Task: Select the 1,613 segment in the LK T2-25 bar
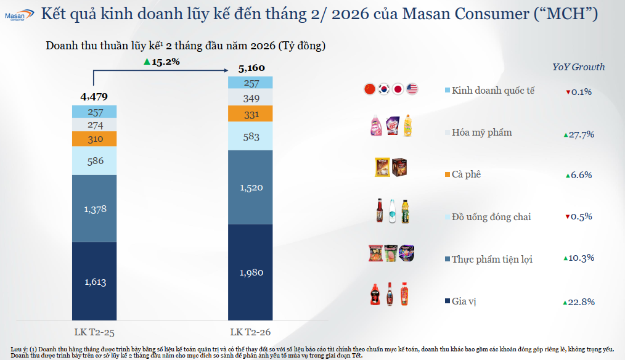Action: [x=94, y=282]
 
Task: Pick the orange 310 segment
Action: [x=94, y=139]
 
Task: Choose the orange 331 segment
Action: [x=251, y=114]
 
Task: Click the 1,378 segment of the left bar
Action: [x=94, y=209]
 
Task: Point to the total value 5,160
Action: [x=251, y=68]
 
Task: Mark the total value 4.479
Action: [x=94, y=96]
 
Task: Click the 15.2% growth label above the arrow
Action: [x=161, y=61]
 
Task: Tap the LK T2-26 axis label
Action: [x=251, y=332]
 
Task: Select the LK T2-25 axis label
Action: [x=94, y=332]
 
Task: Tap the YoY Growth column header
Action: [x=578, y=67]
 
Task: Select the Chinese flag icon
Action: [x=370, y=89]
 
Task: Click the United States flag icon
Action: [x=412, y=89]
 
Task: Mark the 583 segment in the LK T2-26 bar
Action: [x=251, y=136]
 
